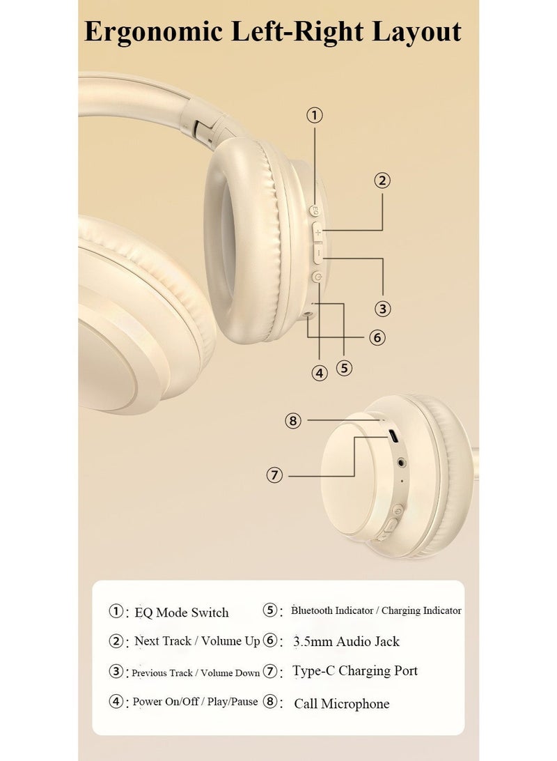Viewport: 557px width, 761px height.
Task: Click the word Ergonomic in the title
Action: (154, 33)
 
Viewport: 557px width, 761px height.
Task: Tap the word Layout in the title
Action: (417, 33)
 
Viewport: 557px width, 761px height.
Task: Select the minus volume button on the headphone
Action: (319, 254)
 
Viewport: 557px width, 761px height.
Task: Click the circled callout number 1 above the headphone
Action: (315, 116)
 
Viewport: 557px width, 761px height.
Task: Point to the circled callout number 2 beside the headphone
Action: (382, 180)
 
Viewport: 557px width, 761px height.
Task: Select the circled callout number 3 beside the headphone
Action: (382, 309)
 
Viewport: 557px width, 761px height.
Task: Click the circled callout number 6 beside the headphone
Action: (377, 337)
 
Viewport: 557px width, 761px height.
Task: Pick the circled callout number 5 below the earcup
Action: (344, 368)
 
